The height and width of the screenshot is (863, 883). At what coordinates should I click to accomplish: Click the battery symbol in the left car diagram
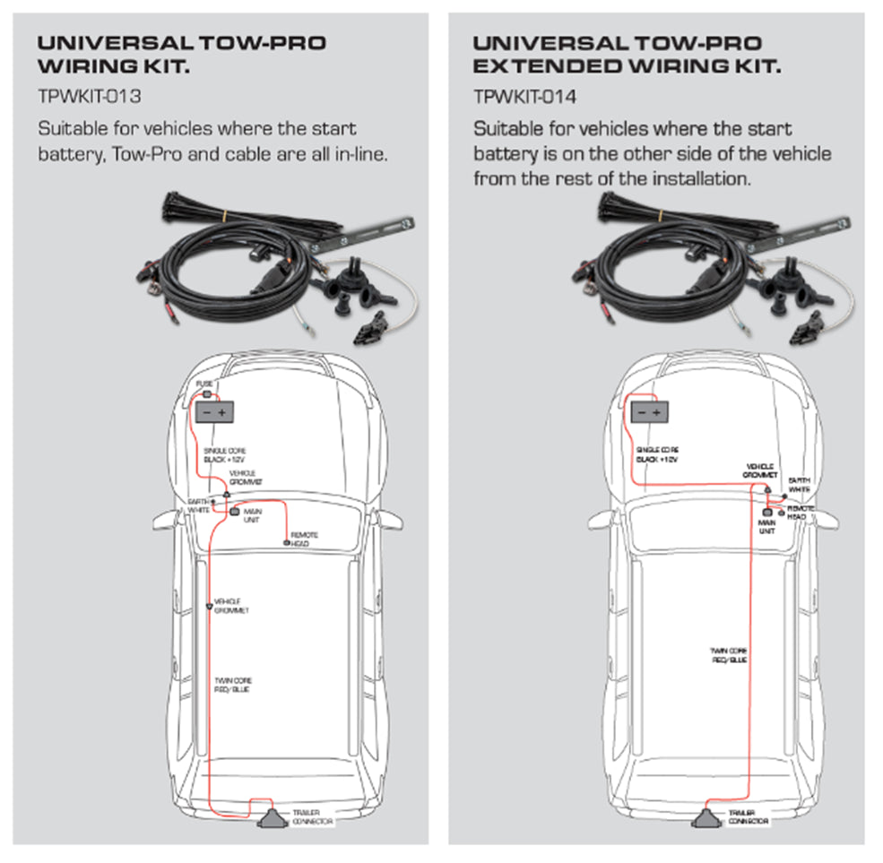coord(215,412)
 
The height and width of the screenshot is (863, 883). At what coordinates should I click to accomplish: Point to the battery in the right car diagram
coord(649,412)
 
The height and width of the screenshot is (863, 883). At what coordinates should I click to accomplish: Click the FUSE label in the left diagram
coord(205,384)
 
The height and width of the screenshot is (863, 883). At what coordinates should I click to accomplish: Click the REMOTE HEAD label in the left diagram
coord(305,539)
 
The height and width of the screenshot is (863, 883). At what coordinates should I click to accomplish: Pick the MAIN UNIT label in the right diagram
coord(767,525)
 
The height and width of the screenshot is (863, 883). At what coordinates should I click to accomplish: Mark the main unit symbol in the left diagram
coord(235,512)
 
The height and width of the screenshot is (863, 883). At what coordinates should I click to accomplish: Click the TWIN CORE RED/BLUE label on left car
coord(233,686)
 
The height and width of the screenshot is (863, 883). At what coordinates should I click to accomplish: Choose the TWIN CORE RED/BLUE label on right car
coord(729,655)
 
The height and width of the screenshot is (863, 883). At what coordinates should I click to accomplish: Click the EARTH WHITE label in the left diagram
coord(198,505)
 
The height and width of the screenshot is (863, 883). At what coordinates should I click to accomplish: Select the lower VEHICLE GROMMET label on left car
coord(231,606)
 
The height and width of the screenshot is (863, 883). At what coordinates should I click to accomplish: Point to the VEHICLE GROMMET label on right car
coord(762,471)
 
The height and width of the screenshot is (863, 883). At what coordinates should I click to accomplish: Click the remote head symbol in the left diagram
coord(286,543)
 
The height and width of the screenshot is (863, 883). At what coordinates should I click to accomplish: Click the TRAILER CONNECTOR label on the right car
coord(748,817)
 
